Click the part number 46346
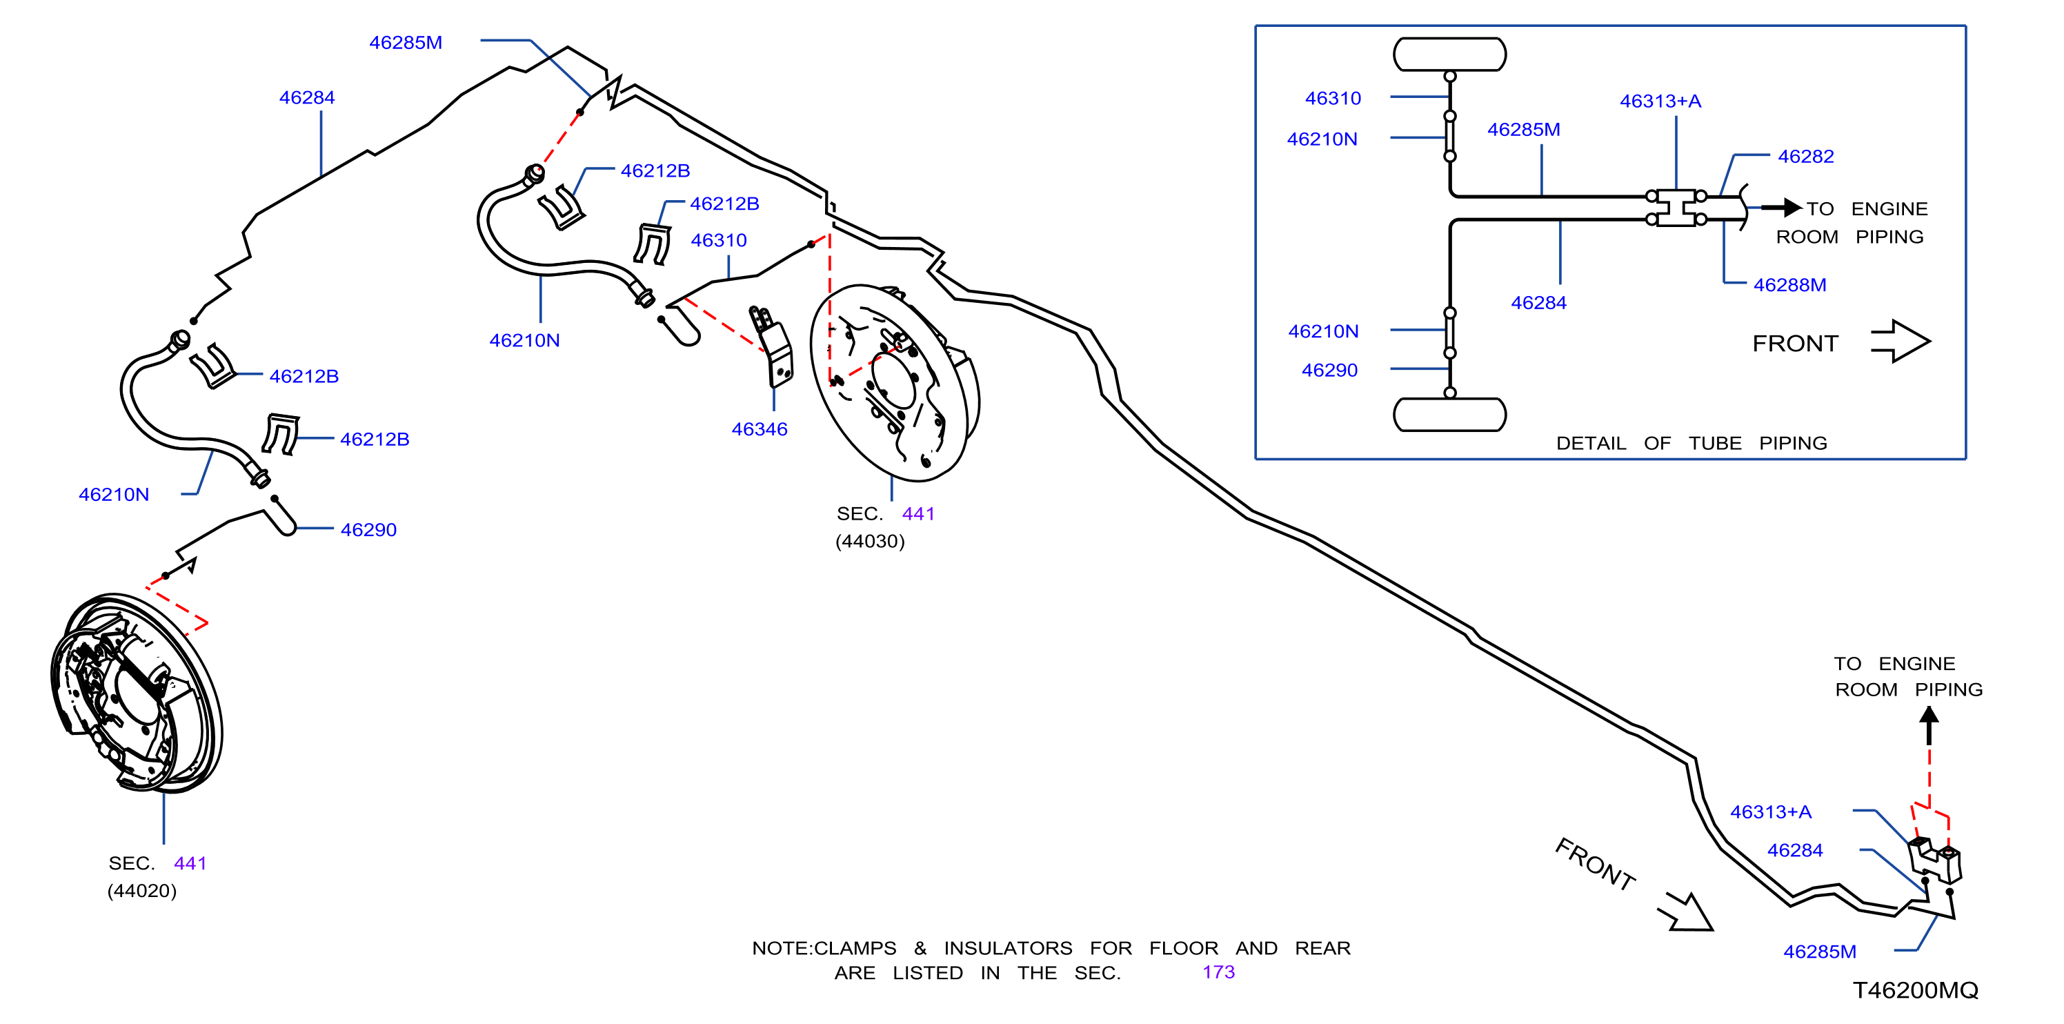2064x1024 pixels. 759,429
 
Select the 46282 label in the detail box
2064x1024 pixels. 1805,156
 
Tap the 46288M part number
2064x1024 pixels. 1789,285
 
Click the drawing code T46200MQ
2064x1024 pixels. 1915,990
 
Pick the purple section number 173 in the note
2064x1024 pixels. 1218,972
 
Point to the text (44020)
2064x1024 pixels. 142,891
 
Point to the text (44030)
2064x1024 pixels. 869,542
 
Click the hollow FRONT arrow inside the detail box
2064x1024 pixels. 1901,342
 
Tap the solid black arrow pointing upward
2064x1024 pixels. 1929,725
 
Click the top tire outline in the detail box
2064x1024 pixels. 1449,55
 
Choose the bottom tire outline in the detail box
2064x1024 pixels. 1449,415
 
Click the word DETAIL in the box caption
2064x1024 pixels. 1591,444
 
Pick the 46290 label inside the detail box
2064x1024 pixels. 1329,370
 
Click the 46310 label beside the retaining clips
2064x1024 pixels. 719,240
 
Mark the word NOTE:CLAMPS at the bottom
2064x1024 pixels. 824,949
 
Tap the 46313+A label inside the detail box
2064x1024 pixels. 1660,101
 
